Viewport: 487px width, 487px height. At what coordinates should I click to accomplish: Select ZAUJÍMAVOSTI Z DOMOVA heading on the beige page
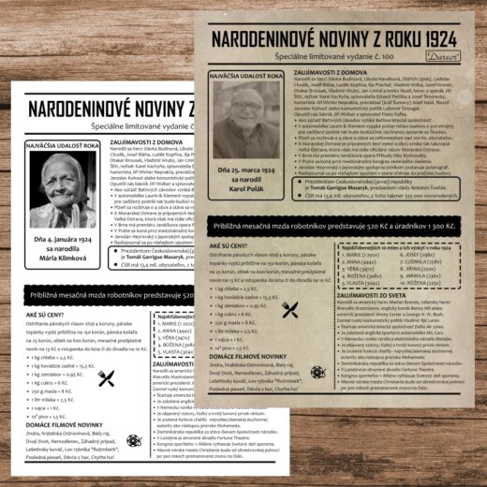[333, 71]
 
